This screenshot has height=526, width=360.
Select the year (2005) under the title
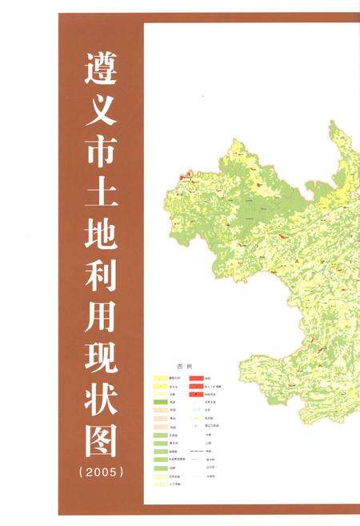click(102, 472)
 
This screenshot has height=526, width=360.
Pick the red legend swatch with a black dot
click(194, 395)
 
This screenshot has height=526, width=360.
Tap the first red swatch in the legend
click(194, 375)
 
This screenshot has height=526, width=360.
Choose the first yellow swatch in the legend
click(160, 375)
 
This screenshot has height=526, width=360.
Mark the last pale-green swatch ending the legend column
click(160, 484)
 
